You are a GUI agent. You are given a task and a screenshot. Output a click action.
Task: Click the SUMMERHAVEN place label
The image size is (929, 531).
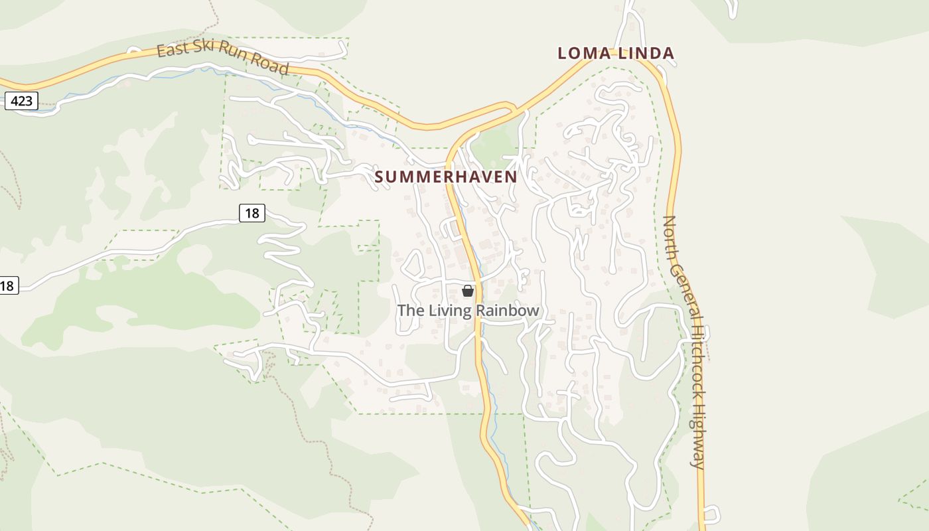tap(445, 177)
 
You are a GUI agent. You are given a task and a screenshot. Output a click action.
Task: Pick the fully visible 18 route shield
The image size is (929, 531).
tap(252, 213)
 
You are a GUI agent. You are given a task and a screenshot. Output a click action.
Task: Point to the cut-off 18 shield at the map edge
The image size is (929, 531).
tap(7, 286)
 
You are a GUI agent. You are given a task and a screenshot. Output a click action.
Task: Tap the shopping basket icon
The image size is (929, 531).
tap(468, 291)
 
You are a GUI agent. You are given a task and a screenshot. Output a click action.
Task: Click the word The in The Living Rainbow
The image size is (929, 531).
tap(409, 311)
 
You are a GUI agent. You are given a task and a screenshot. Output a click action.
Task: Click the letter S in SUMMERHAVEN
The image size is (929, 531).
tap(380, 177)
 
